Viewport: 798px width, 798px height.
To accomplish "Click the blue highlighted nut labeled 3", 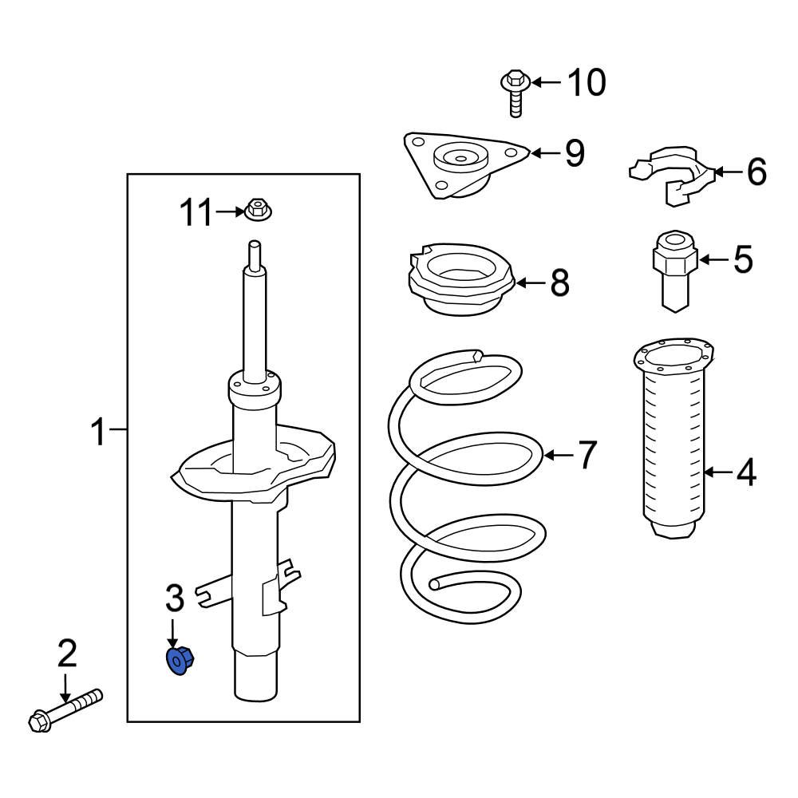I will coord(180,662).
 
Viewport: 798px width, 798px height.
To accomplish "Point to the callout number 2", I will coord(67,654).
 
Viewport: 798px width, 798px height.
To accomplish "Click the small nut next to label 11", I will coord(257,210).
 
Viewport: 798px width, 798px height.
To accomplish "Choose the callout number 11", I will coord(196,213).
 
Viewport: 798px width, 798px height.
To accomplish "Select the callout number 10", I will coord(587,82).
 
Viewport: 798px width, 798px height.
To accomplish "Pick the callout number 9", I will coord(575,153).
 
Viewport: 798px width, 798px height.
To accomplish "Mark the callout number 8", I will coord(559,282).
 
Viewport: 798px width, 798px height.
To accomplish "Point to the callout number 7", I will coord(587,456).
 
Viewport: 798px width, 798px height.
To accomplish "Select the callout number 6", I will coord(755,172).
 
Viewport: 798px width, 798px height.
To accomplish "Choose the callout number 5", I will coord(743,260).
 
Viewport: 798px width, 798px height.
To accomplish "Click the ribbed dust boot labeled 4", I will coord(674,447).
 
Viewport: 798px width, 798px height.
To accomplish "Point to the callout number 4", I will coord(745,473).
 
